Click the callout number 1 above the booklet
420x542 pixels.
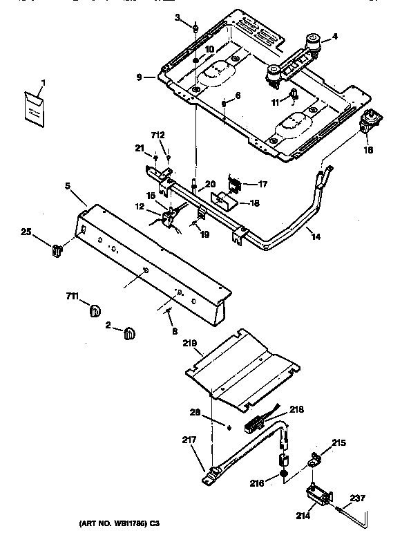(x=43, y=83)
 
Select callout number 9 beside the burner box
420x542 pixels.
(x=140, y=77)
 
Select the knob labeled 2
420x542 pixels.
(x=129, y=334)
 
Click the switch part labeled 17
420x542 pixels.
(x=235, y=186)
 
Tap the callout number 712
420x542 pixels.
(x=159, y=135)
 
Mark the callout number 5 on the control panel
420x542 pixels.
(x=68, y=185)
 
